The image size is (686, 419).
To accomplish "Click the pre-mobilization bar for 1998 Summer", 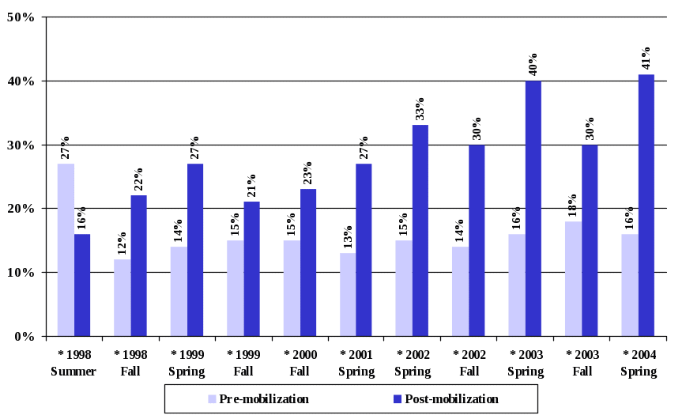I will click(x=66, y=250).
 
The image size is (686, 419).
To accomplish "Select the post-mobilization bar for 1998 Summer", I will click(x=82, y=285).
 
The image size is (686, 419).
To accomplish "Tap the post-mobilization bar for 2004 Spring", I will click(x=646, y=206).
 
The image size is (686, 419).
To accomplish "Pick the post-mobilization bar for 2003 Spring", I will click(x=533, y=209).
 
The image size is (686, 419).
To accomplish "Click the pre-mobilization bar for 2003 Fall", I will click(x=573, y=278).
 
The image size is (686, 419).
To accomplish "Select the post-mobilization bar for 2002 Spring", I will click(x=420, y=230).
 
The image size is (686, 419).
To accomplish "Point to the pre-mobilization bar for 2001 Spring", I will click(x=348, y=294).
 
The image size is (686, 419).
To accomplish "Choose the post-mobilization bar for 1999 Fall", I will click(x=251, y=269).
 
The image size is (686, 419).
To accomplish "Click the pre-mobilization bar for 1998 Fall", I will click(x=122, y=297).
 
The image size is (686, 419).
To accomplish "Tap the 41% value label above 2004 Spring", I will click(x=646, y=59).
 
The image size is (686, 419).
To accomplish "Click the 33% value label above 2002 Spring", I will click(x=420, y=109).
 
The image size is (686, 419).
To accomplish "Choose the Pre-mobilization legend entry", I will click(x=258, y=399).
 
